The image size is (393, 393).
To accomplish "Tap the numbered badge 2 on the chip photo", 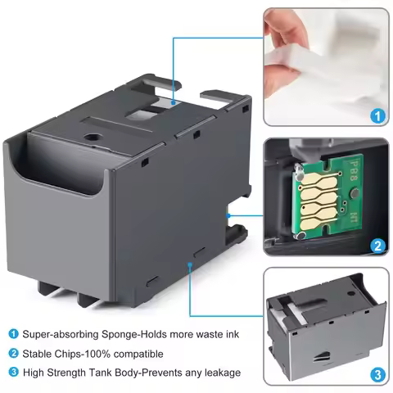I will coord(377,243).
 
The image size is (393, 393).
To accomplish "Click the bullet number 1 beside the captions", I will coord(13,333).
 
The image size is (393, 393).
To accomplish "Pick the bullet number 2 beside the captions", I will coord(13,353).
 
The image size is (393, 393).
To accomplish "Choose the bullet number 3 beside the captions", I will coord(13,373).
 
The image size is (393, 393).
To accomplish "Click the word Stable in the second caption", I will coord(38,353).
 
